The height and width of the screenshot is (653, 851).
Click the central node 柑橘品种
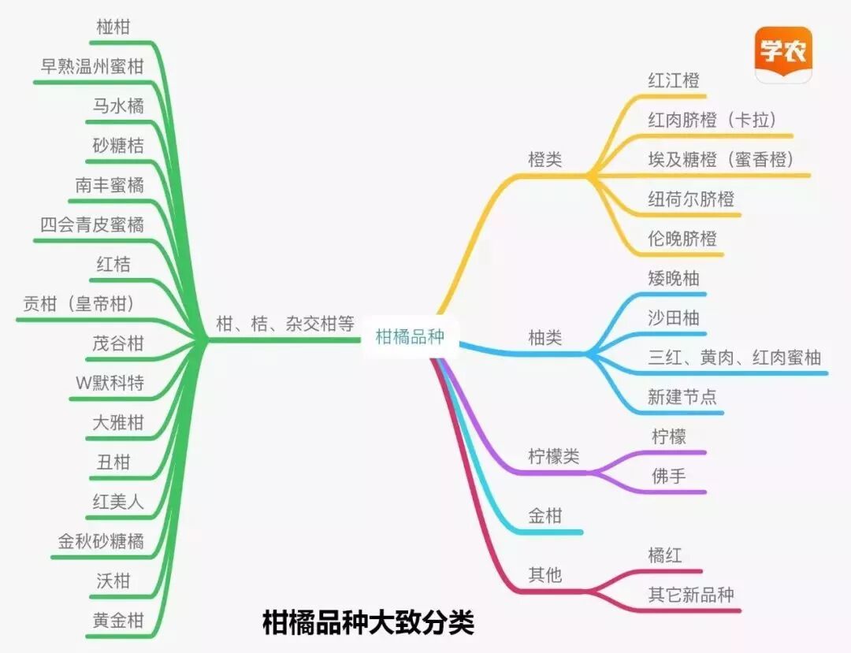(x=410, y=337)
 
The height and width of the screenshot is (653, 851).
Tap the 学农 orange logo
(x=783, y=54)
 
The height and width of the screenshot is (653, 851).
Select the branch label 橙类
(x=545, y=159)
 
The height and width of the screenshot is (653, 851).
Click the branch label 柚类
(x=545, y=338)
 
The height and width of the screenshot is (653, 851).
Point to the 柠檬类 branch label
(x=553, y=456)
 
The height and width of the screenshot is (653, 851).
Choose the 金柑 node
(x=545, y=516)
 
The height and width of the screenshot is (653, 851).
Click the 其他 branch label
(x=545, y=575)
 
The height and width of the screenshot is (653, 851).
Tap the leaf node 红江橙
(x=674, y=80)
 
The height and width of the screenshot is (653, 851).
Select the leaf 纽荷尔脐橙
(x=691, y=198)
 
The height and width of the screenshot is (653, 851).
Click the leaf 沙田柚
(x=674, y=318)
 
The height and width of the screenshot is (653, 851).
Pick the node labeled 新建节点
(x=682, y=397)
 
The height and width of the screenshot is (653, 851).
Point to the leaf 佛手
(x=669, y=476)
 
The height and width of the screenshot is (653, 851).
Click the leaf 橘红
(x=665, y=555)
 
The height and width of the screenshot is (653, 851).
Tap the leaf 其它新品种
(x=691, y=594)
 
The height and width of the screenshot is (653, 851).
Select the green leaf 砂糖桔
(x=118, y=145)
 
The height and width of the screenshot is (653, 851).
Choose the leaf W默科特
(x=110, y=383)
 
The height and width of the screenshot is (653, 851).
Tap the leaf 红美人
(x=118, y=501)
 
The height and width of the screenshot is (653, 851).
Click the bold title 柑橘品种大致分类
(x=368, y=623)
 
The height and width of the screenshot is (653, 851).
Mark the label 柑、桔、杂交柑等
(x=285, y=324)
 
